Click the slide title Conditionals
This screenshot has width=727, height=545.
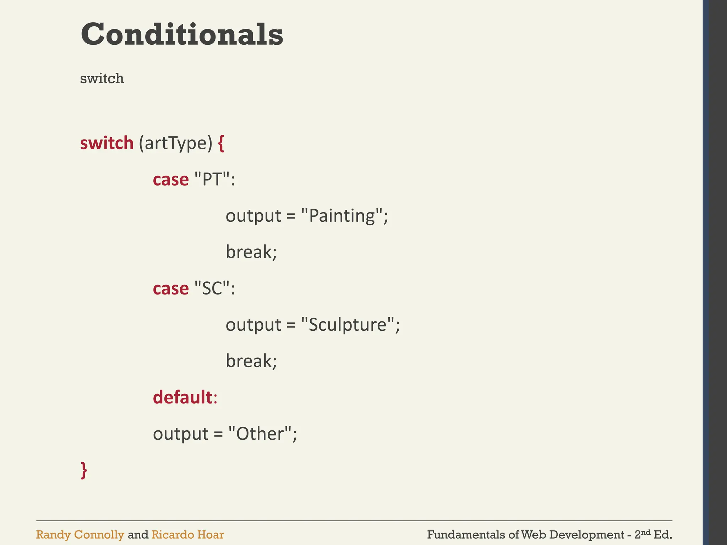[182, 34]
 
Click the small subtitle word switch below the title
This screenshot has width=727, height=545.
[102, 78]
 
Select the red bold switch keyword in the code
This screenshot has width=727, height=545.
[106, 143]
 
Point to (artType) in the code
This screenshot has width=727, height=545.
[175, 143]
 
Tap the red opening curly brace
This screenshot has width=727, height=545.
[221, 143]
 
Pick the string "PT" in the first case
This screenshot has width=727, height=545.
[212, 180]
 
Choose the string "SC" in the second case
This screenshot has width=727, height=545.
[212, 288]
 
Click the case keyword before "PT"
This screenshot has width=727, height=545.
[171, 180]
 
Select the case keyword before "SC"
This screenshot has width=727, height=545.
[171, 288]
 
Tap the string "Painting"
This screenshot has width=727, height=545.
[342, 216]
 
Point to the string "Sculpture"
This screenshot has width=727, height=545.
[348, 325]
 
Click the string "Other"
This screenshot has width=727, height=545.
[260, 434]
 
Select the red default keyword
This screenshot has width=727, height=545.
[182, 397]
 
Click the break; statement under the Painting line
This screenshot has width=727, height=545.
[251, 252]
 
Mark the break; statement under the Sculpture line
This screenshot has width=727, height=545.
[251, 361]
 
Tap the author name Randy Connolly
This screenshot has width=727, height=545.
[80, 535]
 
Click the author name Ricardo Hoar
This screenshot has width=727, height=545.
[187, 535]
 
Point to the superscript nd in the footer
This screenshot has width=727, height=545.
[646, 532]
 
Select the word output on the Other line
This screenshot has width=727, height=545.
[181, 434]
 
